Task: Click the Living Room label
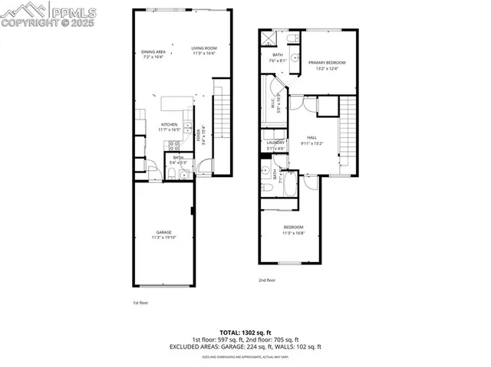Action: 204,48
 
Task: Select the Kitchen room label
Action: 169,124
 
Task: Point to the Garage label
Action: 164,232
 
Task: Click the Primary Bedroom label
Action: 327,63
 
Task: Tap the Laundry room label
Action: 275,143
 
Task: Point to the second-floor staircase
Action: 348,134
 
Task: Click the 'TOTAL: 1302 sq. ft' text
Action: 245,333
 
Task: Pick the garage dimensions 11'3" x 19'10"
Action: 164,238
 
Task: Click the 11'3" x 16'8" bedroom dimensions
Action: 294,233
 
